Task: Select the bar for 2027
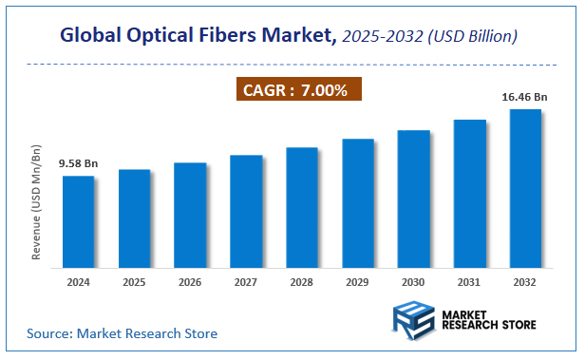point(246,210)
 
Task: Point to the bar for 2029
point(358,202)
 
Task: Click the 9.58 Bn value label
point(78,163)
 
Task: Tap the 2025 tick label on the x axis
point(134,282)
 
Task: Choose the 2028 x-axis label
point(302,282)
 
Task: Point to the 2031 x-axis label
point(470,282)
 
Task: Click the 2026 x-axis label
point(190,282)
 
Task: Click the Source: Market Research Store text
point(122,333)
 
